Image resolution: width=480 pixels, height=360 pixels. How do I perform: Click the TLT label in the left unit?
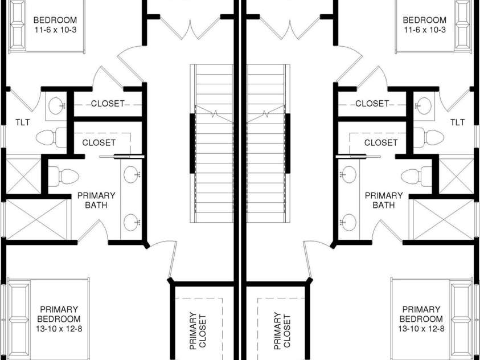click(23, 122)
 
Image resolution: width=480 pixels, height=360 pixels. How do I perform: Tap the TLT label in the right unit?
click(457, 122)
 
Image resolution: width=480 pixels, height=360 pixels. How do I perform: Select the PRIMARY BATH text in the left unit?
click(96, 200)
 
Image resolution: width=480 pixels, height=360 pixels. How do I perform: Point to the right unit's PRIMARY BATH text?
click(384, 200)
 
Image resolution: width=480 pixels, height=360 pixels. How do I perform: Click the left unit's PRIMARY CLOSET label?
click(198, 331)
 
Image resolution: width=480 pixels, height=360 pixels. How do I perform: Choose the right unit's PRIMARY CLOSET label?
click(282, 331)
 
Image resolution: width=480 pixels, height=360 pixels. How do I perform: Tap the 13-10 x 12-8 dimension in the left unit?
click(59, 329)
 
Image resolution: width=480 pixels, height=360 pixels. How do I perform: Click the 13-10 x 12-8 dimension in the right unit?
click(421, 329)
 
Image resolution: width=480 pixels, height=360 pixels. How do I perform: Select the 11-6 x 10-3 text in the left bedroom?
click(55, 30)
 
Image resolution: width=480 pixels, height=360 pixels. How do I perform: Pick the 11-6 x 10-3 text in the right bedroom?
click(425, 30)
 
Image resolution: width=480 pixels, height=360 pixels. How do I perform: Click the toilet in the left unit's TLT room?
click(51, 137)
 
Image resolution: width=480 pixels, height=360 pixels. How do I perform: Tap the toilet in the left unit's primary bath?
click(64, 177)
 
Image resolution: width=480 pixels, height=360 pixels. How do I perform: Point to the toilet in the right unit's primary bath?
click(416, 177)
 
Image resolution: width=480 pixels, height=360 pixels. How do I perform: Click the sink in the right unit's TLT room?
click(424, 106)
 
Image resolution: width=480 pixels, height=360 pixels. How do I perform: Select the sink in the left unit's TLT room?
click(56, 106)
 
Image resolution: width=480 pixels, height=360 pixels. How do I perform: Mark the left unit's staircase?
click(212, 144)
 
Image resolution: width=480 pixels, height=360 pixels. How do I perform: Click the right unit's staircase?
click(268, 144)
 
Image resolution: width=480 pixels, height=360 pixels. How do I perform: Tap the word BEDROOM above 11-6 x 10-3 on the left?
click(55, 20)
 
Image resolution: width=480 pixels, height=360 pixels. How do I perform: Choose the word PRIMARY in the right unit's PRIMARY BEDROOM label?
click(421, 309)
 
